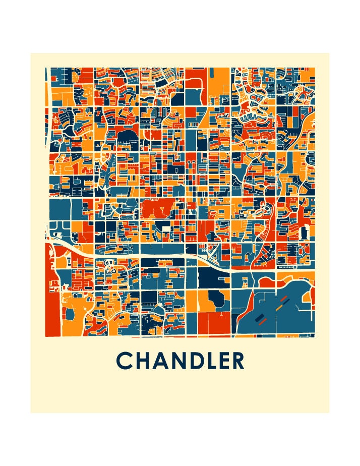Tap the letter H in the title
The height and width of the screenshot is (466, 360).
[144, 361]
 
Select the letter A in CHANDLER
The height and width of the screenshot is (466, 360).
[163, 361]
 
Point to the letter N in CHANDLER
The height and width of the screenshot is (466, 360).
[183, 361]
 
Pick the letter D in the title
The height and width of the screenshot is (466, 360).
[201, 361]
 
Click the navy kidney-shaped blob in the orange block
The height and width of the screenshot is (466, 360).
[215, 299]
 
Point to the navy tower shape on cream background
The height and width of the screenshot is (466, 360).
[304, 232]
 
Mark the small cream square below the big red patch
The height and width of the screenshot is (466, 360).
[165, 230]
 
